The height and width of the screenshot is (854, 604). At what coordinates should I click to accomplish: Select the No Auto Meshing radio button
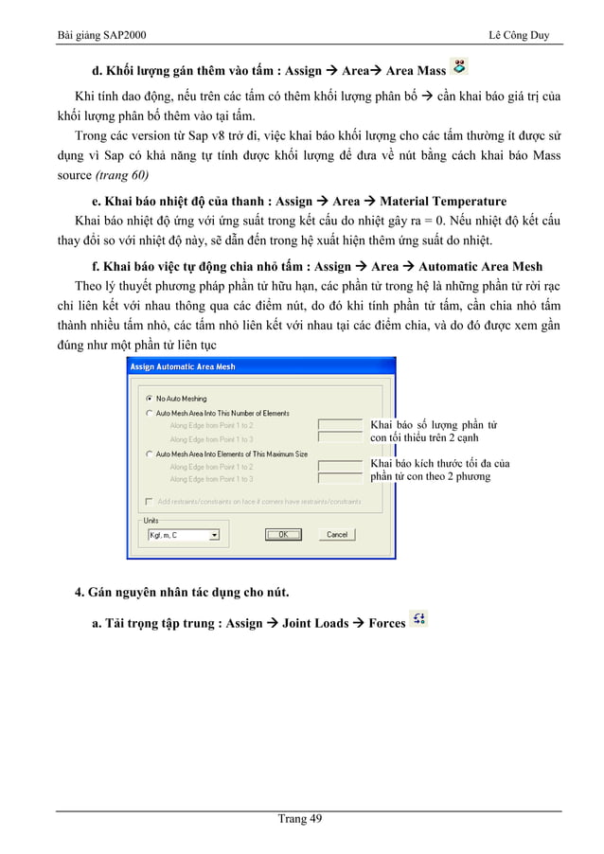[x=149, y=399]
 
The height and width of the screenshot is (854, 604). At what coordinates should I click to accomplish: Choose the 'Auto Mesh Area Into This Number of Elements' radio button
[x=149, y=414]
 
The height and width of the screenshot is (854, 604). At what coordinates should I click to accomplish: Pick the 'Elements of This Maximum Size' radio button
[x=149, y=454]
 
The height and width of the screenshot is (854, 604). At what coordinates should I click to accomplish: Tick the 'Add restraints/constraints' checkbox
[x=149, y=501]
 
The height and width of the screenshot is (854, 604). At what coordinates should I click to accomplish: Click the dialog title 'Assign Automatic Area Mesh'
[x=183, y=366]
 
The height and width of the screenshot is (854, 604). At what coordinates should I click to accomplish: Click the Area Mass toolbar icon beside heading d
[x=459, y=66]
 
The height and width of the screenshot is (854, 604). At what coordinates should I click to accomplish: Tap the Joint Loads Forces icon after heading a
[x=419, y=619]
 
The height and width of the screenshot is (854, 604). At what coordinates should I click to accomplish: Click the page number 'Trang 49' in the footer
[x=302, y=820]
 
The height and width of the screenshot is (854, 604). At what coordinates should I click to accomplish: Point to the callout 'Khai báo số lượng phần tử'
[x=435, y=425]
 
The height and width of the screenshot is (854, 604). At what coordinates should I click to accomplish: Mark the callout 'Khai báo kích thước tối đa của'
[x=439, y=463]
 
